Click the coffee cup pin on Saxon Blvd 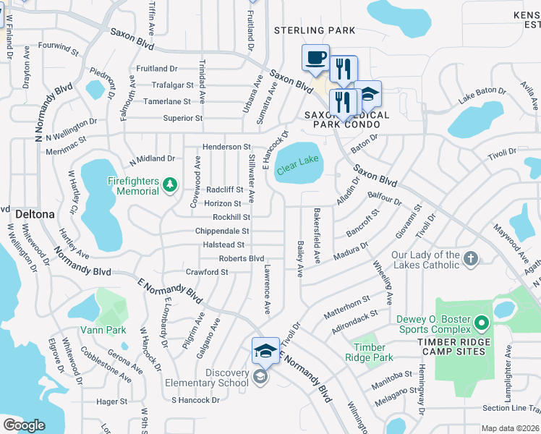point(315,59)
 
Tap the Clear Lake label point(297,159)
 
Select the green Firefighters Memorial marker point(170,186)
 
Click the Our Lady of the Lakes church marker point(470,259)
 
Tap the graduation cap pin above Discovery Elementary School point(265,352)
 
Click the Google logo point(24,425)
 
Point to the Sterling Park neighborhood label point(315,30)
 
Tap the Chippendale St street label point(222,231)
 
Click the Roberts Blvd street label point(242,258)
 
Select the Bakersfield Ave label point(317,235)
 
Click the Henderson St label point(226,147)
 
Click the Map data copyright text point(511,428)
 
